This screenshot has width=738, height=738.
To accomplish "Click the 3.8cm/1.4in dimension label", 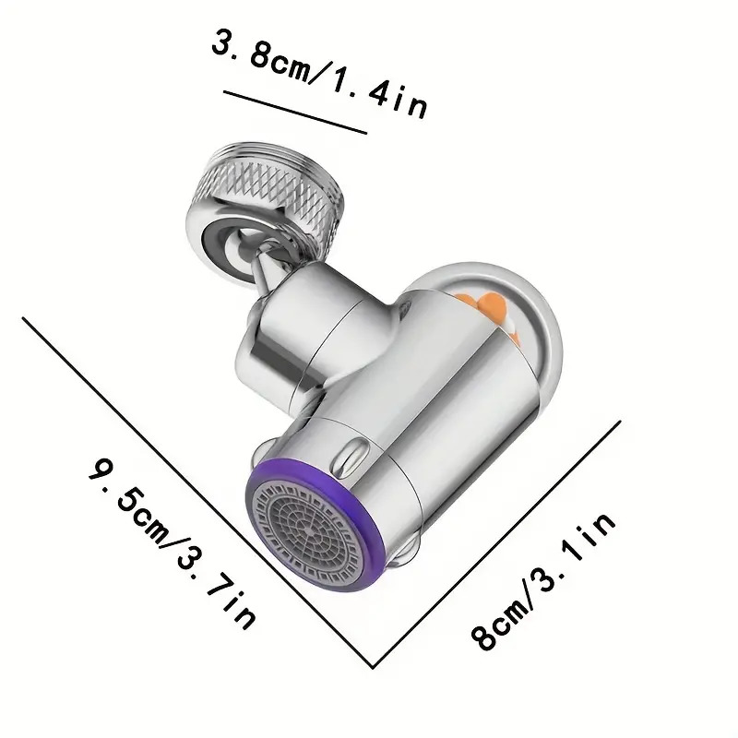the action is pos(319,75).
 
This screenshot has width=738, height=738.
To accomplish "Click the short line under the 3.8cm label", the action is pos(295,113).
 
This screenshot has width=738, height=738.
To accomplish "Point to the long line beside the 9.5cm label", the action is pos(197,493).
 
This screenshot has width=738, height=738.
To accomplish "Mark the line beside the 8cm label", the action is pos(496,544).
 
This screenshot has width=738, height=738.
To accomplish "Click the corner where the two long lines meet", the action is pos(373,667).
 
